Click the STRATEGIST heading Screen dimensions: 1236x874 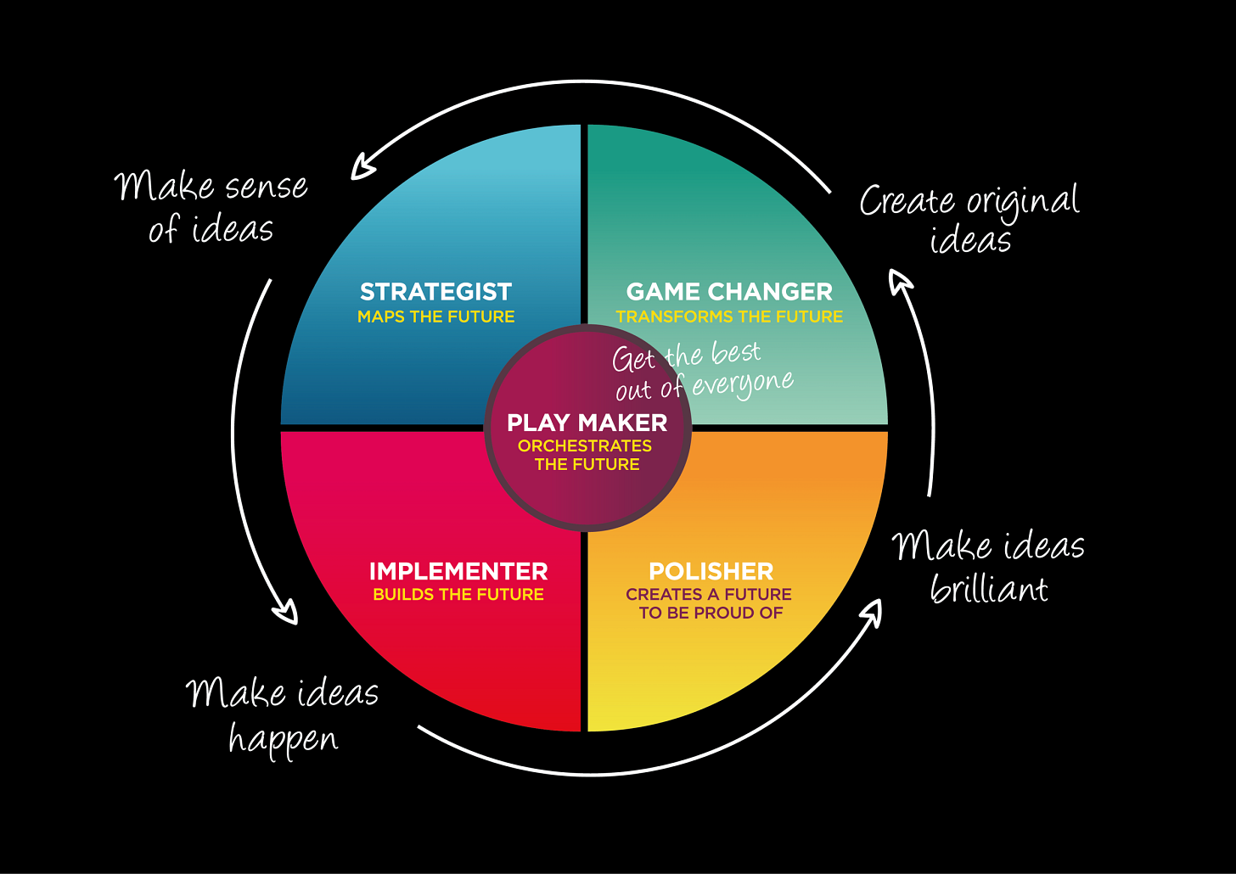(x=435, y=292)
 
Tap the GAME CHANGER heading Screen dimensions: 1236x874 (x=729, y=292)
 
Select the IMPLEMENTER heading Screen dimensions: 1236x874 (x=458, y=571)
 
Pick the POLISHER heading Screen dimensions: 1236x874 (x=711, y=571)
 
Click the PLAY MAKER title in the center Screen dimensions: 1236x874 (x=587, y=423)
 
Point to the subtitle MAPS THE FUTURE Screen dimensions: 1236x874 (x=435, y=317)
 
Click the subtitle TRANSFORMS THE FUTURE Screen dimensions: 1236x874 (x=729, y=317)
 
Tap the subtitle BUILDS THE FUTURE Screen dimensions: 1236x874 (x=458, y=594)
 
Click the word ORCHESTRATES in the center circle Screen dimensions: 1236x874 (x=585, y=445)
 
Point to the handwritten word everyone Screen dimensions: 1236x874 (x=743, y=384)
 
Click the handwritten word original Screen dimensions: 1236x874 (x=1023, y=202)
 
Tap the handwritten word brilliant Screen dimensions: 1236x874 (x=989, y=588)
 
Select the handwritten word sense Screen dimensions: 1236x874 (x=265, y=187)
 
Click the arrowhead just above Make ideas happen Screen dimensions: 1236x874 (x=285, y=612)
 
